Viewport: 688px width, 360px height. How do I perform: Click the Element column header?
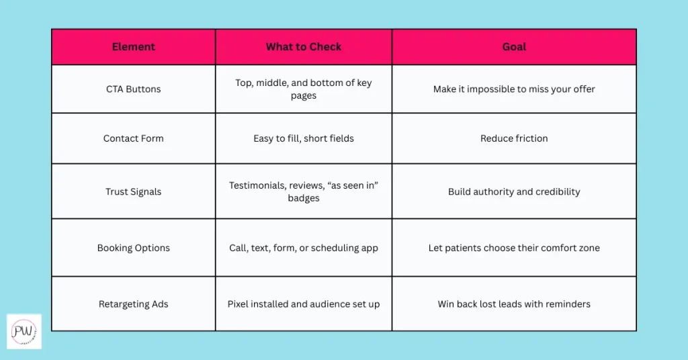click(x=133, y=47)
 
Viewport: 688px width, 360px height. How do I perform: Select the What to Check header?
click(x=304, y=47)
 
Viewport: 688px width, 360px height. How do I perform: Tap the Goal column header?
click(x=514, y=47)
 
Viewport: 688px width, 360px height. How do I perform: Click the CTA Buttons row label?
click(x=133, y=89)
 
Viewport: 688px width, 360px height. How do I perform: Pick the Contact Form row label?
click(x=133, y=138)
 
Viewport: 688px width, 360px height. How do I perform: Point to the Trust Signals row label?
click(x=133, y=191)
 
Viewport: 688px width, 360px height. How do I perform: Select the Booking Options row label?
click(x=133, y=248)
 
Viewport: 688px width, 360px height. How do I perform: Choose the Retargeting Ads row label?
click(x=133, y=304)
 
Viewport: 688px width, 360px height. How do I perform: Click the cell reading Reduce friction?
click(x=514, y=138)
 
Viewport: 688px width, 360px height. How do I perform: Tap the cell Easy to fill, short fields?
click(x=304, y=138)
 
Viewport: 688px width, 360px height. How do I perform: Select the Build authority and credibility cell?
click(x=514, y=191)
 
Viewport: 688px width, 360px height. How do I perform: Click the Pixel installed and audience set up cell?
click(x=304, y=304)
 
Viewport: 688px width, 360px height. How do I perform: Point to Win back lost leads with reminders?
click(x=514, y=304)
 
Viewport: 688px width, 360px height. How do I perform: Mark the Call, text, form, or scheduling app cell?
click(x=304, y=248)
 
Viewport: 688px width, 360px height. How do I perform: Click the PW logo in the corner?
click(x=24, y=331)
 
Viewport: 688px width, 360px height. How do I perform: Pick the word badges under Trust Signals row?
click(x=304, y=198)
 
